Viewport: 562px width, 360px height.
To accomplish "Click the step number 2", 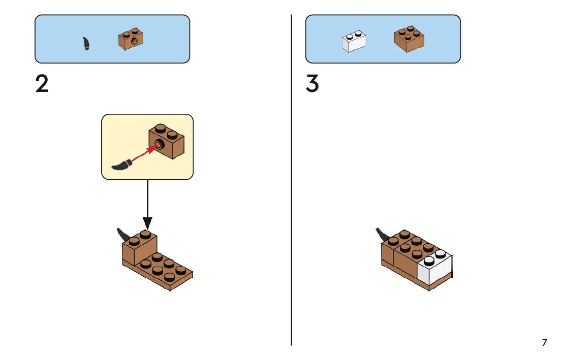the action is [x=42, y=84].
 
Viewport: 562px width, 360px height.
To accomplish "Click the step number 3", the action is [x=312, y=84].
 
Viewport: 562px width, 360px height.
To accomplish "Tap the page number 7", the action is [x=544, y=342].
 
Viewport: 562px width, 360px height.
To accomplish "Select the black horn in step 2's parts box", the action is [x=86, y=43].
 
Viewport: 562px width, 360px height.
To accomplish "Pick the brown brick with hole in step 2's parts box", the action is [x=131, y=39].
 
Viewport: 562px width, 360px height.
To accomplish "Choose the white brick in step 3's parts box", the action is [x=354, y=41].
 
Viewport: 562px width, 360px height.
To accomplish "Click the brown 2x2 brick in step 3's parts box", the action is [x=410, y=39].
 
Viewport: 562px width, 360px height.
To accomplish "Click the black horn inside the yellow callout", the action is [x=122, y=165].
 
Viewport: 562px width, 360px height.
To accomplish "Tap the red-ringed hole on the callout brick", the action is [x=159, y=145].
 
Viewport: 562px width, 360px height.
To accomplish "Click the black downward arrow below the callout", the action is [x=147, y=205].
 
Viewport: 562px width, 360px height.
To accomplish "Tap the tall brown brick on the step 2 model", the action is [x=139, y=248].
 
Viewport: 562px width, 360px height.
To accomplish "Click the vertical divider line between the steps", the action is [x=291, y=180].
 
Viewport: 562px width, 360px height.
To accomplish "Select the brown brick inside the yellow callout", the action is [x=167, y=141].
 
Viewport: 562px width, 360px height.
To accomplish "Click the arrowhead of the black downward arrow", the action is [x=147, y=223].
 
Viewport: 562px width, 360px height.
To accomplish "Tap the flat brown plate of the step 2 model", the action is [x=158, y=272].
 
